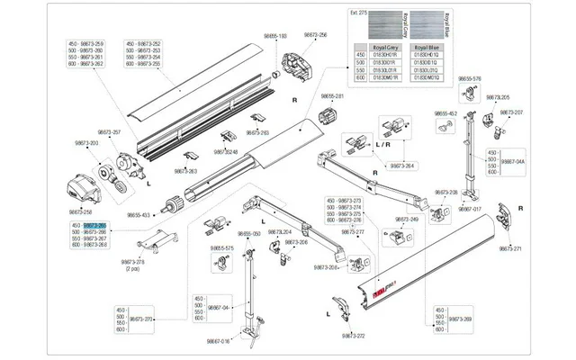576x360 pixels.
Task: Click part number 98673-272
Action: coord(353,335)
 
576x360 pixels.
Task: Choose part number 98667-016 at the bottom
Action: coord(220,341)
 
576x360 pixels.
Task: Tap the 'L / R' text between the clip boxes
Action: coord(382,144)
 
